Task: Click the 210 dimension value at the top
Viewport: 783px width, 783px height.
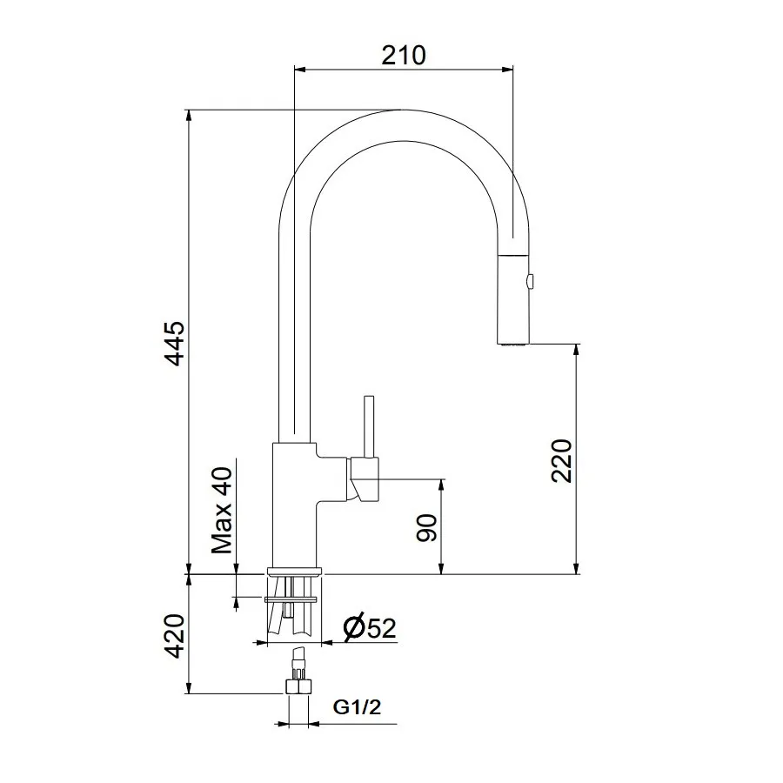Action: (404, 55)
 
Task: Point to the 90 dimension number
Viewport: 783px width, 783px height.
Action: (426, 527)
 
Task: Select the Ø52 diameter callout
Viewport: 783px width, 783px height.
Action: (370, 627)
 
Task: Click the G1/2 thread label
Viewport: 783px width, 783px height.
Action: (357, 708)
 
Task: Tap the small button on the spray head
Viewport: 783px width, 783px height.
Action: (531, 280)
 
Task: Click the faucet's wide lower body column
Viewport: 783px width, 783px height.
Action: (294, 505)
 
